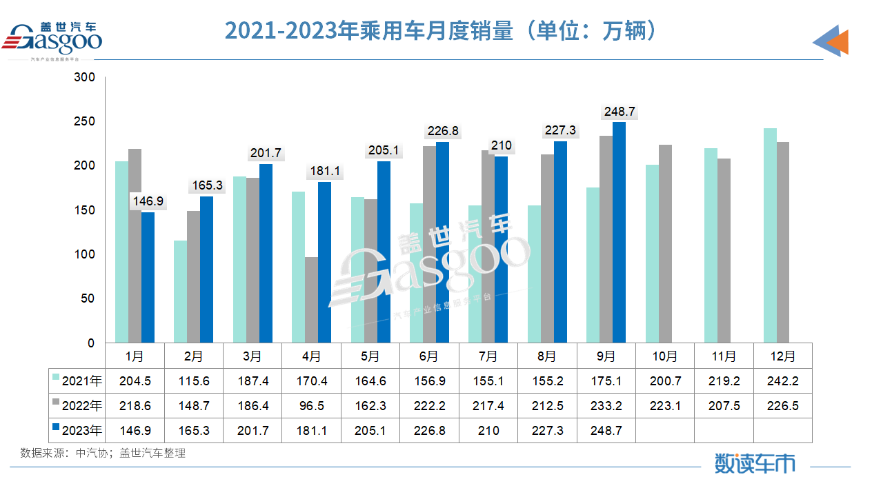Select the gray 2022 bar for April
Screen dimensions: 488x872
coord(311,300)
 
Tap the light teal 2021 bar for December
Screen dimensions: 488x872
coord(770,235)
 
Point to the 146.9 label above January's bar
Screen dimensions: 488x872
coord(148,201)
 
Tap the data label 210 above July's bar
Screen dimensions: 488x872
coord(502,145)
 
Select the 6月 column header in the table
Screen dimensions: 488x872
coord(428,356)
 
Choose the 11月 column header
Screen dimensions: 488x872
coord(724,356)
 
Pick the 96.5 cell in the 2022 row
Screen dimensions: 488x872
coord(311,406)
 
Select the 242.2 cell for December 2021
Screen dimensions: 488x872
coord(782,380)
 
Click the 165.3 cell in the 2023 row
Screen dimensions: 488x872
coord(193,431)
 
